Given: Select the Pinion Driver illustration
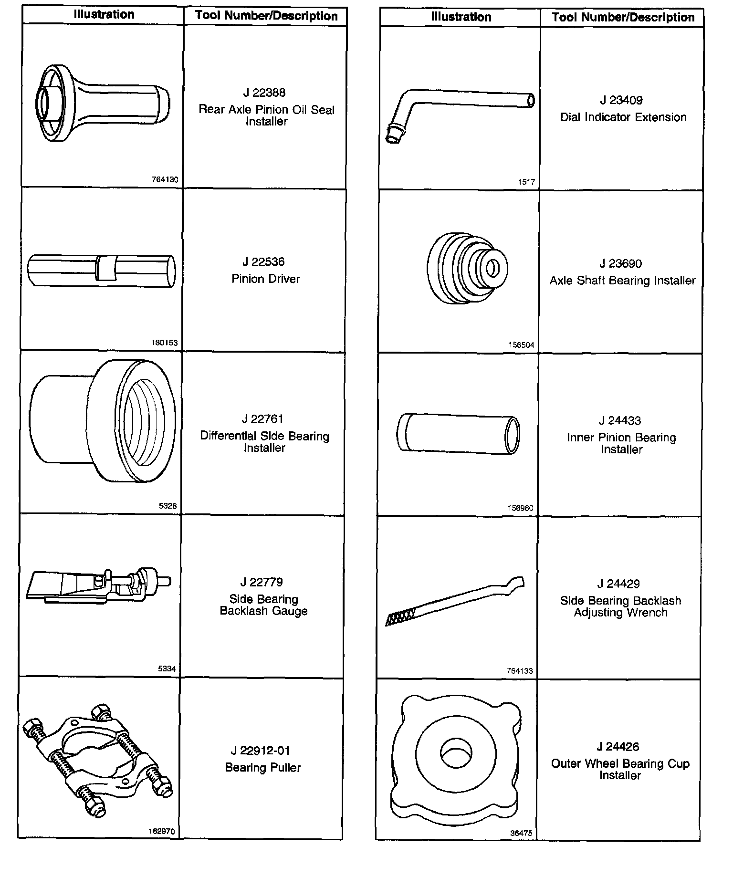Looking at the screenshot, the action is [102, 271].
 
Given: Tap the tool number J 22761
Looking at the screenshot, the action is [262, 419].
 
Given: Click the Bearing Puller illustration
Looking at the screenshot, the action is [97, 759].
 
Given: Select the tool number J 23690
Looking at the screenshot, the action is [620, 263].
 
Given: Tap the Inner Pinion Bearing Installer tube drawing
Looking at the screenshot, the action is [458, 433].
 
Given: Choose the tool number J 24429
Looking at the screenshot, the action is [618, 584].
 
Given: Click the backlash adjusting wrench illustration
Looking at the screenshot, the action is [454, 601].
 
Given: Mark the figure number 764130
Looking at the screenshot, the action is [165, 180].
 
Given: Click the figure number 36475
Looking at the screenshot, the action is [521, 833].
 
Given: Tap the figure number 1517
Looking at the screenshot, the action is [526, 182].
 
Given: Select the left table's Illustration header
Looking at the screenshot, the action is [104, 14].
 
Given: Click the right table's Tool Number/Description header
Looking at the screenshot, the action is [623, 18].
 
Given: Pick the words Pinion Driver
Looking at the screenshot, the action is [266, 279].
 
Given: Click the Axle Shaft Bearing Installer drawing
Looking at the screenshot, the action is [467, 268].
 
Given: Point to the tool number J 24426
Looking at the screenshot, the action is [618, 747].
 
